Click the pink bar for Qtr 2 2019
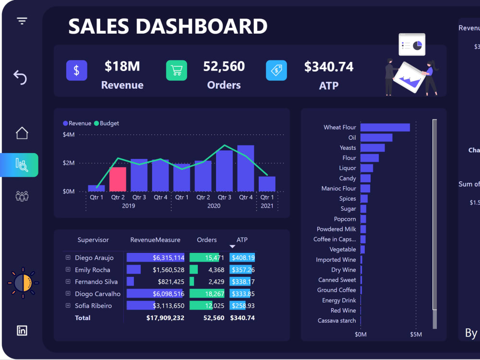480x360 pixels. coord(118,179)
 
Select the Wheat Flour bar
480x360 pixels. coord(385,127)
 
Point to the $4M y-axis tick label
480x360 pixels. coord(69,135)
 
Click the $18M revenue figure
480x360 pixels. coord(122,66)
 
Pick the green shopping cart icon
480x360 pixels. coord(176,71)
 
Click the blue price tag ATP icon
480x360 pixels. coord(276,71)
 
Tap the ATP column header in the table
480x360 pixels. coord(242,240)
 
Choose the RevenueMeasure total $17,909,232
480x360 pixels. coord(165,318)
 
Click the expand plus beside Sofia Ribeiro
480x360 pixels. coord(68,305)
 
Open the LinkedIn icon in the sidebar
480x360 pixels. coord(22,330)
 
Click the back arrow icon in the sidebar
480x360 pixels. coord(20,77)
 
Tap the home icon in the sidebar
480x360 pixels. coord(22,133)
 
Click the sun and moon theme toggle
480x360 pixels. coord(23,283)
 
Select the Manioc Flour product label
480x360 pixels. coord(339,189)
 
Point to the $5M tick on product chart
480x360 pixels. coord(416,334)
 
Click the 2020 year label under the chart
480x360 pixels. coord(214,206)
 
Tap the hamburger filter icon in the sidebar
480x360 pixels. coord(22,21)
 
